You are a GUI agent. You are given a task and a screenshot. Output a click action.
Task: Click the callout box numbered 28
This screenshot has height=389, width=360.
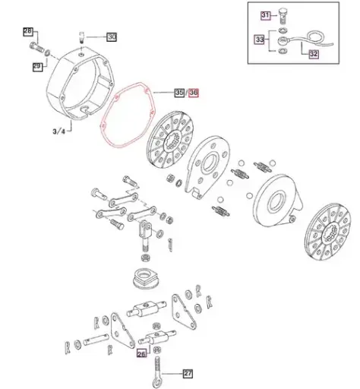[x=28, y=31]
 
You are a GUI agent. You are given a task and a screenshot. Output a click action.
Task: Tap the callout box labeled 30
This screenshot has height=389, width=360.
[x=111, y=36]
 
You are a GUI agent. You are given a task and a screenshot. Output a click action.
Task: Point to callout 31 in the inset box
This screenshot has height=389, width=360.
[x=266, y=15]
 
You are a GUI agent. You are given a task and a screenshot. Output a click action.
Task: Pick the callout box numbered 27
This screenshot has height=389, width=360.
[x=189, y=373]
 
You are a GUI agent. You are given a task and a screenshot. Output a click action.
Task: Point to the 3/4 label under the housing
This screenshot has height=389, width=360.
[x=58, y=131]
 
